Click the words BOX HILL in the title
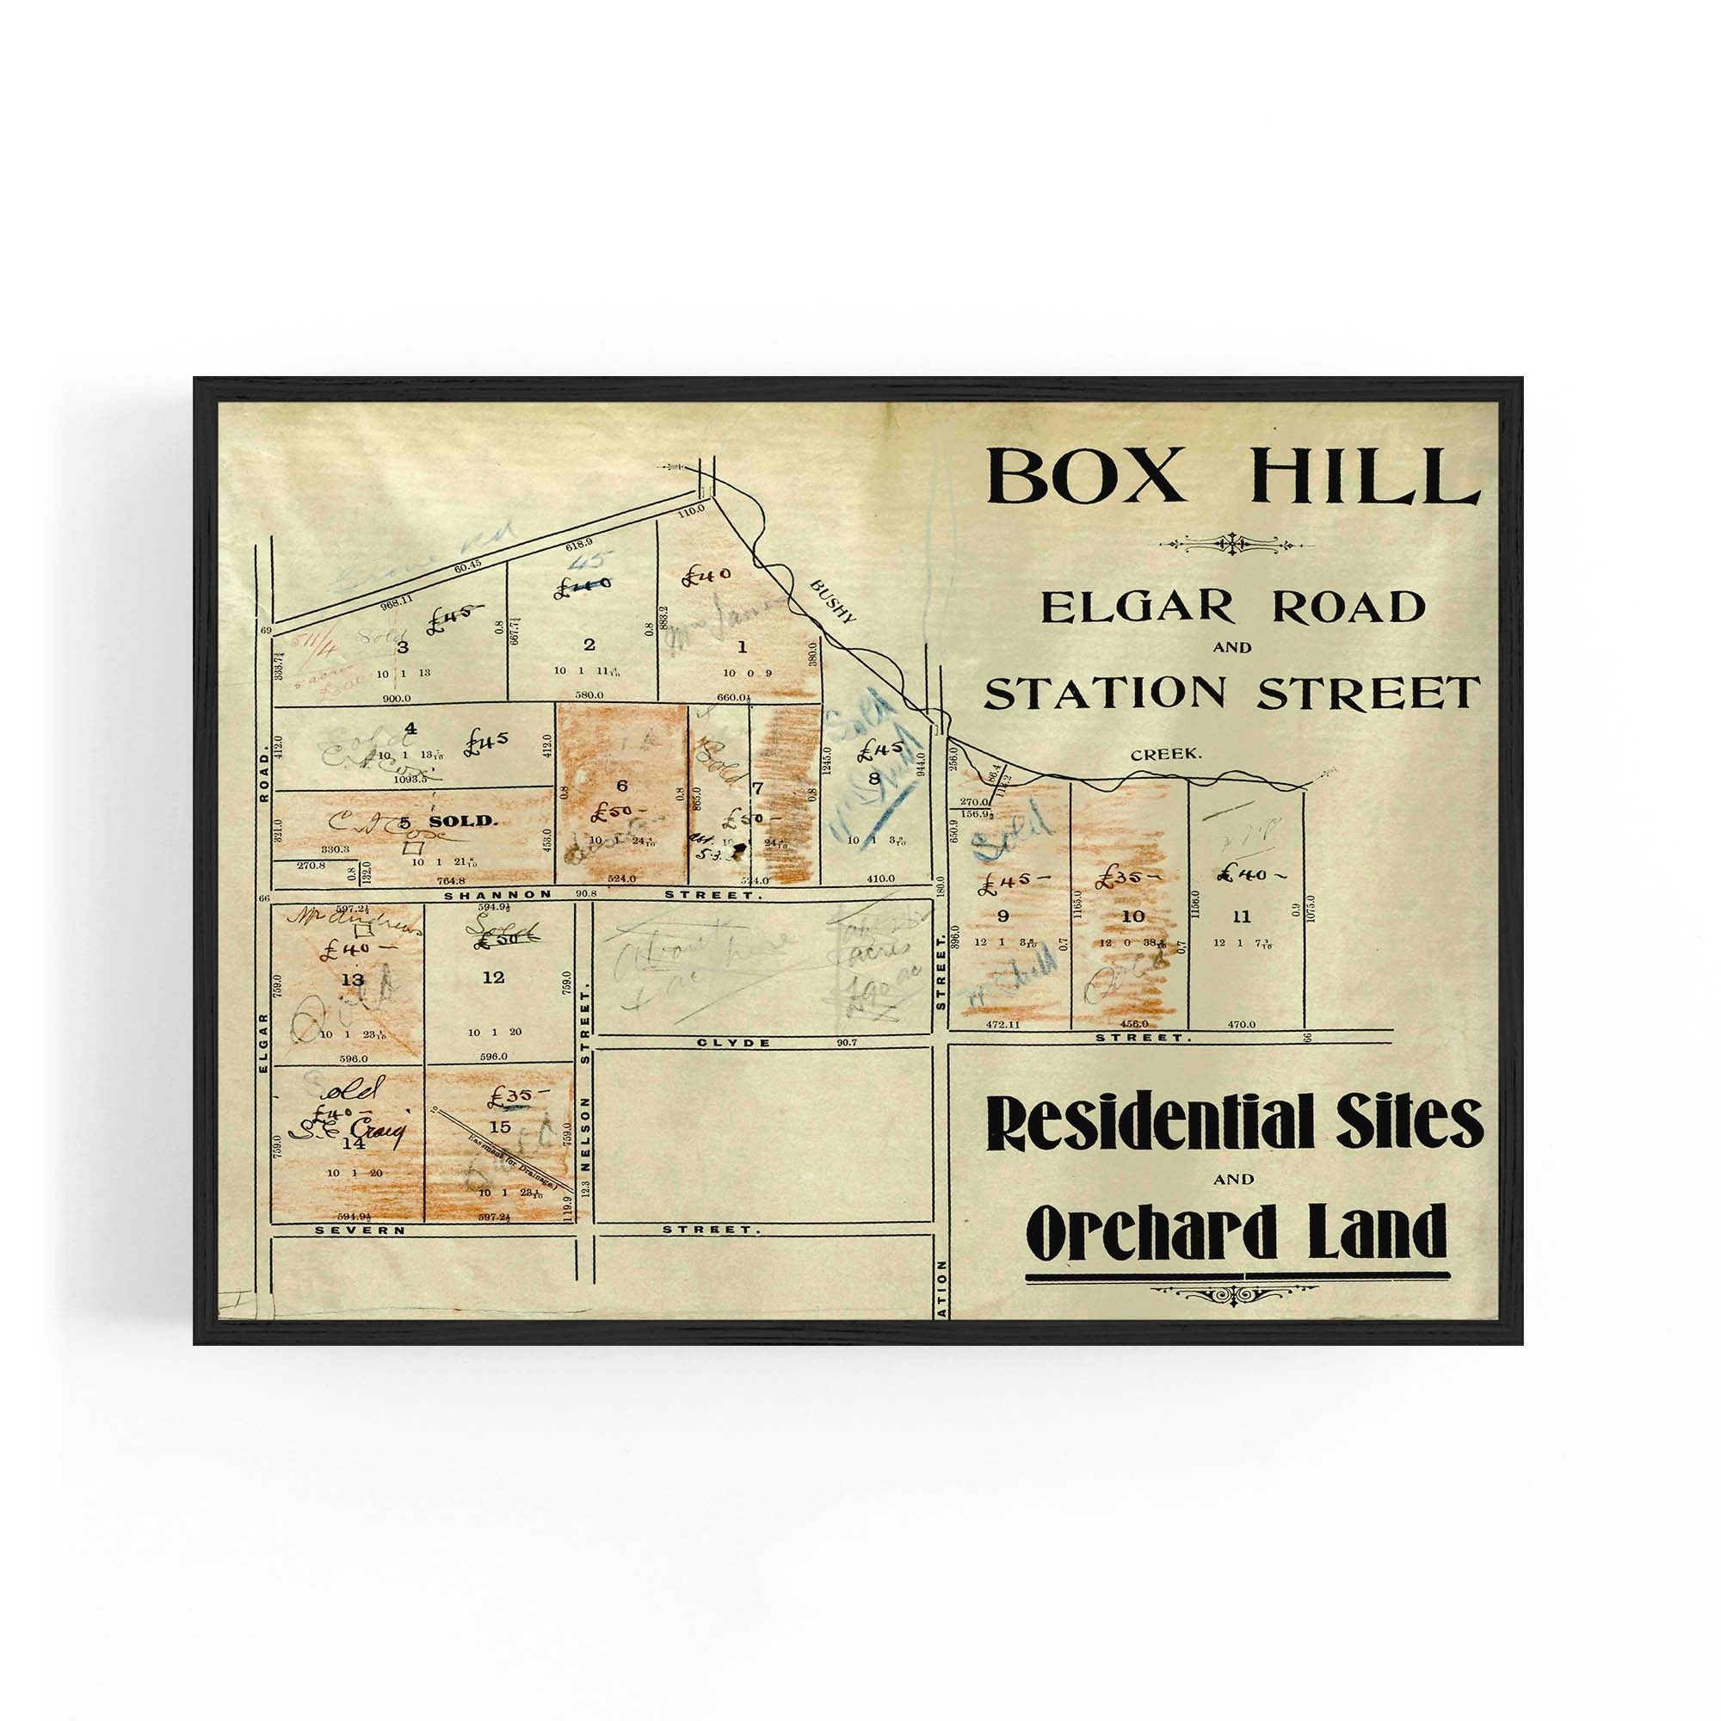[1234, 477]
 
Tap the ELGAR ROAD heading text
[1233, 608]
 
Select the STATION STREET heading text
[1233, 694]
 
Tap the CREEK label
[1166, 755]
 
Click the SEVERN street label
[361, 1230]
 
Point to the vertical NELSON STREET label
[586, 1109]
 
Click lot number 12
[492, 978]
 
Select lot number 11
[1242, 916]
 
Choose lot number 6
[622, 785]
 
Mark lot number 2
[588, 644]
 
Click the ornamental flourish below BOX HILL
[1234, 542]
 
